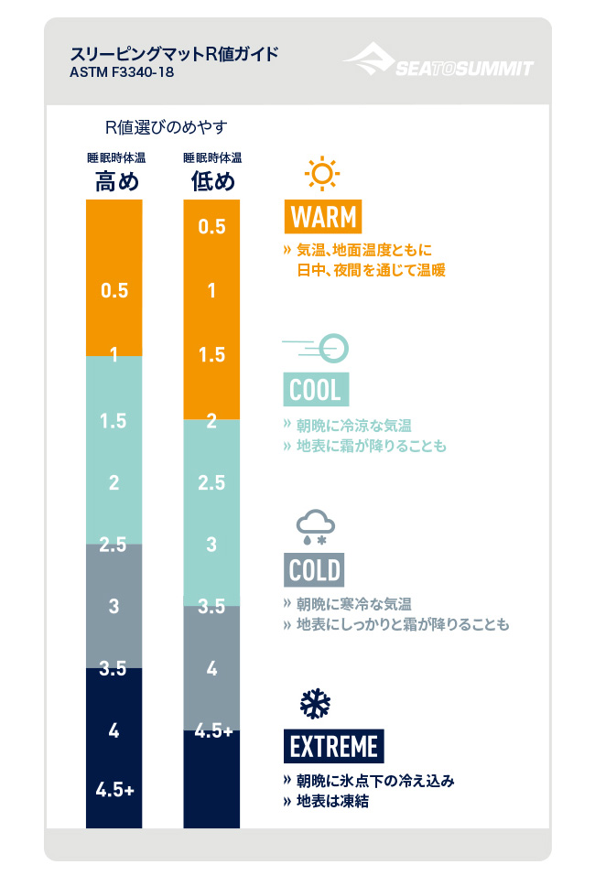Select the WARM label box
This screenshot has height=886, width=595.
tap(322, 217)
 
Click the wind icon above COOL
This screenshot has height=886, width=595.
tap(317, 346)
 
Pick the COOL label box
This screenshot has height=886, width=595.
tap(315, 390)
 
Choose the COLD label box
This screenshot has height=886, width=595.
tap(315, 570)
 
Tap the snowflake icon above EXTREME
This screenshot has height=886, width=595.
tap(316, 703)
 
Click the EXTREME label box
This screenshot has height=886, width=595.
tap(334, 746)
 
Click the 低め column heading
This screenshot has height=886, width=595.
tap(211, 181)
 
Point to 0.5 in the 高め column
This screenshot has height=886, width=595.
tap(114, 291)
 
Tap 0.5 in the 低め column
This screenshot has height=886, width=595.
tap(211, 226)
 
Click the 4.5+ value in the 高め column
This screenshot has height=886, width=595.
tap(114, 789)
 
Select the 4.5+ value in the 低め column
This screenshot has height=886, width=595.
tap(211, 730)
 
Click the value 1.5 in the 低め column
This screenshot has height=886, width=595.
tap(211, 355)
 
